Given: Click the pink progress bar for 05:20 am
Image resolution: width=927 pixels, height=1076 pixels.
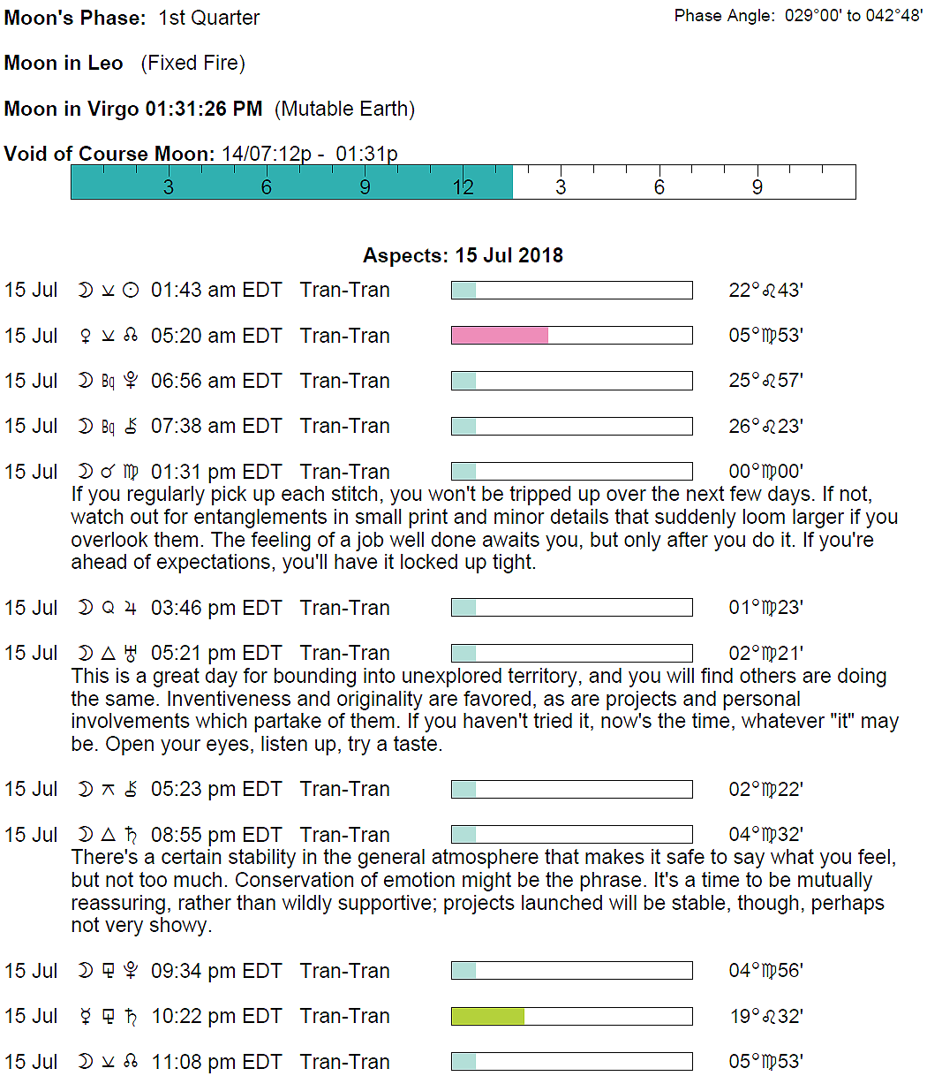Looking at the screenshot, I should pyautogui.click(x=500, y=335).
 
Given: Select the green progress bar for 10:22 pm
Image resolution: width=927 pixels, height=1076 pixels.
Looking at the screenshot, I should pyautogui.click(x=488, y=1016).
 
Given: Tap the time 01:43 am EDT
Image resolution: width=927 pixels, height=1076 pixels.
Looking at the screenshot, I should pyautogui.click(x=216, y=290).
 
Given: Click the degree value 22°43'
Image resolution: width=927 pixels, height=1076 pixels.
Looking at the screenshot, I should pyautogui.click(x=765, y=290).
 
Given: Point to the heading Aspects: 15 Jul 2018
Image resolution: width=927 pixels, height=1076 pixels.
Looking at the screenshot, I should pyautogui.click(x=463, y=255).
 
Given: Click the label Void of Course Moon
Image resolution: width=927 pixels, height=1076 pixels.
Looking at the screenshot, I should pyautogui.click(x=109, y=154).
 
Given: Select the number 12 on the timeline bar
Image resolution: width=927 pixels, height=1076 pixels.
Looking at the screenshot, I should pyautogui.click(x=463, y=187).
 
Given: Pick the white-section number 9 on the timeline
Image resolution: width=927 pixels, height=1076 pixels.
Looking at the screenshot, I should pyautogui.click(x=757, y=187).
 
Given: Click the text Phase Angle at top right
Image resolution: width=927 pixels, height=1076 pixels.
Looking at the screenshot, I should pyautogui.click(x=724, y=16).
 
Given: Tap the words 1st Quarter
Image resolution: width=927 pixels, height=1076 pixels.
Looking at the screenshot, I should pyautogui.click(x=209, y=18).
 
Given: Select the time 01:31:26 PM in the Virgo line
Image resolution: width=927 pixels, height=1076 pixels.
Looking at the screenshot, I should pyautogui.click(x=204, y=109).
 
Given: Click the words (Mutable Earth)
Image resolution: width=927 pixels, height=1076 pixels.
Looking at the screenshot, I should pyautogui.click(x=344, y=109).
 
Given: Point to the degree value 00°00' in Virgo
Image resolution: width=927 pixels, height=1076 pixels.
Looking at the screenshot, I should pyautogui.click(x=765, y=472).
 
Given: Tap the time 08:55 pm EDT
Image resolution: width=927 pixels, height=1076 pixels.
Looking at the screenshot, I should pyautogui.click(x=216, y=835).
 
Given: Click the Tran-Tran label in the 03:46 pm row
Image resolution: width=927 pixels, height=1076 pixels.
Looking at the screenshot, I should pyautogui.click(x=344, y=608).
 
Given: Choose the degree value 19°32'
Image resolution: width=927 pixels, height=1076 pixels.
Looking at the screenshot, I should pyautogui.click(x=765, y=1016).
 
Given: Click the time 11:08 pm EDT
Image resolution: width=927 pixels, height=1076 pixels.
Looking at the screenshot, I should pyautogui.click(x=216, y=1062).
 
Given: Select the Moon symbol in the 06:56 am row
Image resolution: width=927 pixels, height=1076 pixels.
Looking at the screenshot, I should pyautogui.click(x=86, y=381).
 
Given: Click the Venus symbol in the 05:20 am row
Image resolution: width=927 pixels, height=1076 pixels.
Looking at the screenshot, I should pyautogui.click(x=86, y=336).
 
